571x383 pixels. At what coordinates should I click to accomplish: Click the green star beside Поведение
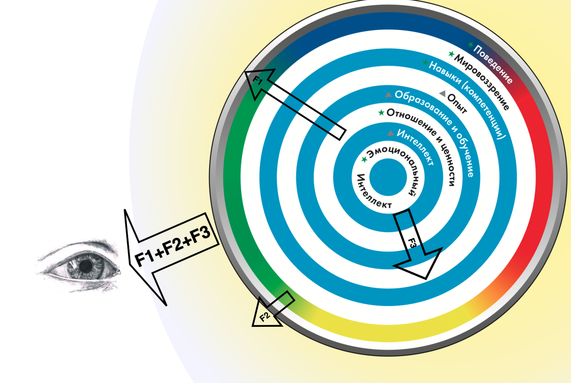(471, 45)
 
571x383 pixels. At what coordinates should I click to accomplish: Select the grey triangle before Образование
(389, 95)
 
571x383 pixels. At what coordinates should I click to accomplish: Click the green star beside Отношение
(381, 112)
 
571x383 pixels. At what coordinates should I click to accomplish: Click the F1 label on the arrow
(257, 80)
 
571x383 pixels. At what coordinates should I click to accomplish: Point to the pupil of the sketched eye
(86, 267)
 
